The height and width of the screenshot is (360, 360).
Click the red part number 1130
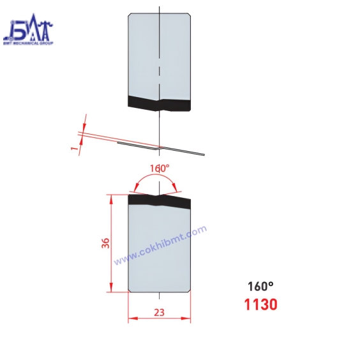pos(260,304)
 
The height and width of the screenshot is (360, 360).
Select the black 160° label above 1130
pos(260,286)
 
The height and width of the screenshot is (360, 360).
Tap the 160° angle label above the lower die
pos(160,169)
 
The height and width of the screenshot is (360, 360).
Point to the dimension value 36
pos(106,244)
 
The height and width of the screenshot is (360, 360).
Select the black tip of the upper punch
pos(160,102)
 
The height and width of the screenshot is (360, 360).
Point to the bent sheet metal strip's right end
pos(203,154)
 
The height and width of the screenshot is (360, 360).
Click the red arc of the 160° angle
pos(157,179)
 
